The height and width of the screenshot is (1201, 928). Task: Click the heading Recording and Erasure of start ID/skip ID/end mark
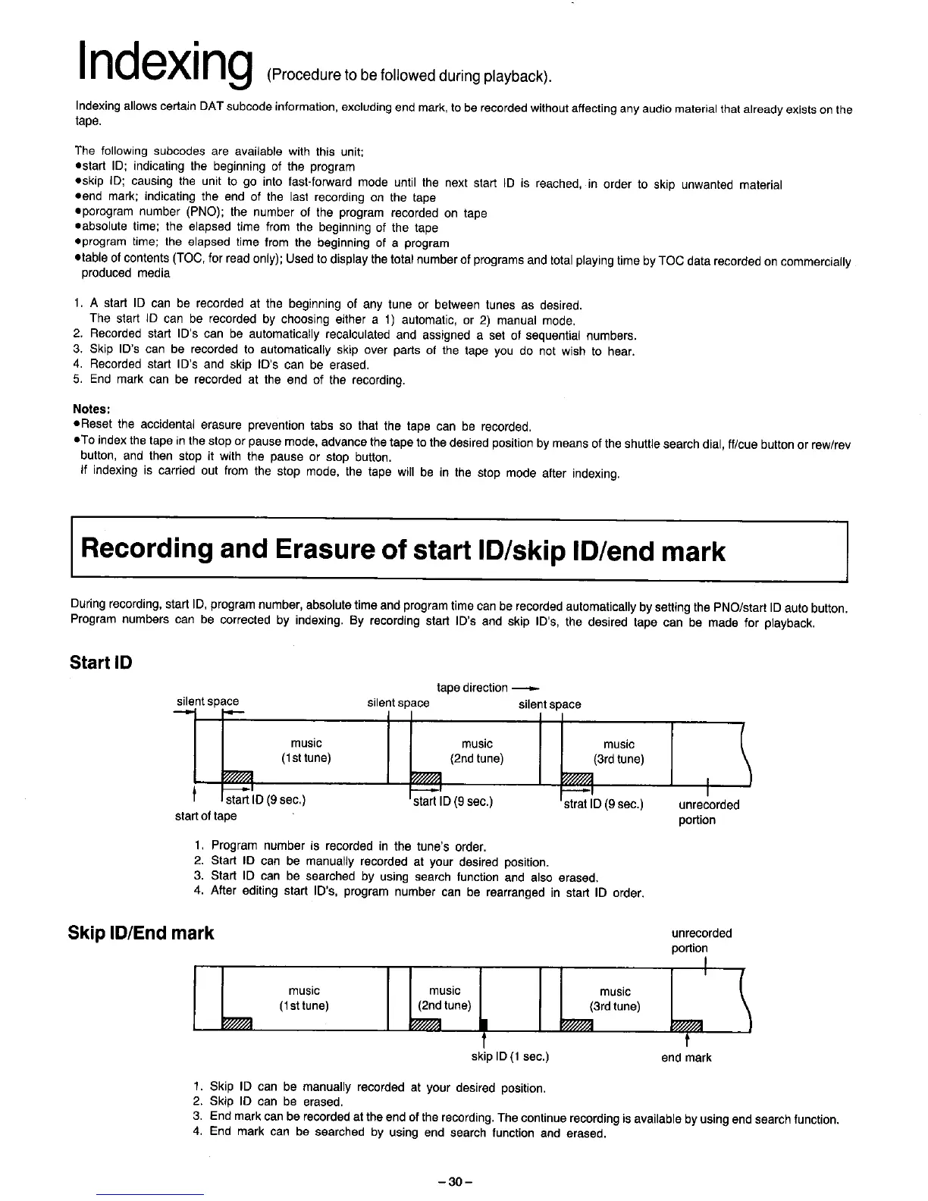click(403, 550)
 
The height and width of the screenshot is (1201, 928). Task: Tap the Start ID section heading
click(101, 662)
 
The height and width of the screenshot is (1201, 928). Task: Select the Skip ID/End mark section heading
click(142, 932)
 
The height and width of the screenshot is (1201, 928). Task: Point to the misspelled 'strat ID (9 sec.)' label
click(604, 803)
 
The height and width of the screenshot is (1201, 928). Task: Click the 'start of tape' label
click(205, 816)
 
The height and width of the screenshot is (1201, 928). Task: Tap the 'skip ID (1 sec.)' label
click(510, 1056)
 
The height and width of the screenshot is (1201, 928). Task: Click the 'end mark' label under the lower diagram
click(686, 1057)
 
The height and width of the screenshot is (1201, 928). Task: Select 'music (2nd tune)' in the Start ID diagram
click(477, 751)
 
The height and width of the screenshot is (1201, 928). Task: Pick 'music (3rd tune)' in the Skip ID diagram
click(615, 999)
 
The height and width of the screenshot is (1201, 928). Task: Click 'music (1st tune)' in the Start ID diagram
click(306, 751)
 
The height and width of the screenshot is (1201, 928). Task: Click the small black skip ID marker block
click(483, 1026)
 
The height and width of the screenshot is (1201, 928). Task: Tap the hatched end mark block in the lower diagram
click(688, 1026)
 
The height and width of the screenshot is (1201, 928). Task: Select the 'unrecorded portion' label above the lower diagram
click(701, 940)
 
